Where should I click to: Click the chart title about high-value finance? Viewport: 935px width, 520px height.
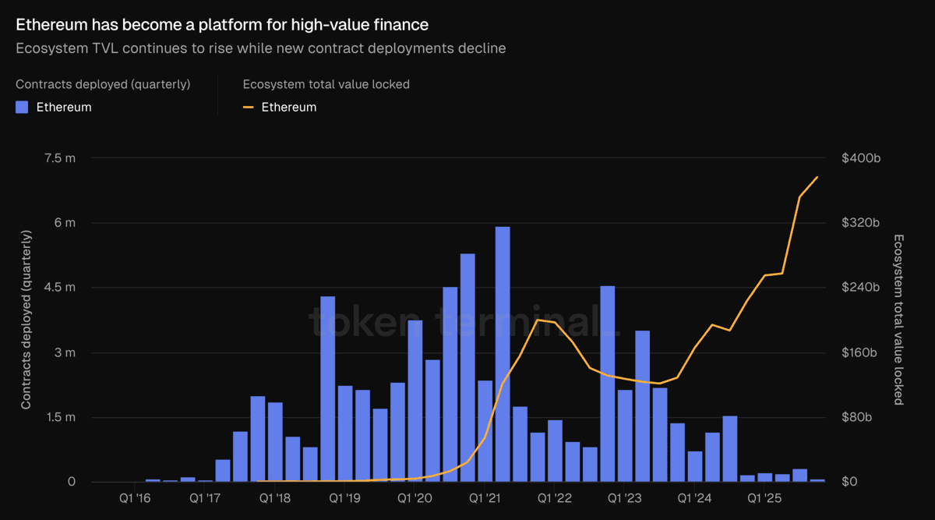coord(222,25)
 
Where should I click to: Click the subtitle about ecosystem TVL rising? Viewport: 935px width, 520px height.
coord(261,48)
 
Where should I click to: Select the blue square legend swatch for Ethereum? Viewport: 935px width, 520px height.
coord(23,108)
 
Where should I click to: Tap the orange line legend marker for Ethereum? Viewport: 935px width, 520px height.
coord(249,108)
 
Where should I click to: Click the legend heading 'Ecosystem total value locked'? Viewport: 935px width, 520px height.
coord(326,84)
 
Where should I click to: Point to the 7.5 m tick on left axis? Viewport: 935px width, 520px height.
coord(61,158)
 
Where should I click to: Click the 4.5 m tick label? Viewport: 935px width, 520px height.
coord(61,288)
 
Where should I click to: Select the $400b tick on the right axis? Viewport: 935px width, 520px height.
coord(861,158)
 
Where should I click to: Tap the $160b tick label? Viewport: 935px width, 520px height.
coord(861,352)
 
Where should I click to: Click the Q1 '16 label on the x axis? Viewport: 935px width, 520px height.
coord(136,497)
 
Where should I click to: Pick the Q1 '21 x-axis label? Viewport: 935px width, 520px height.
coord(485,497)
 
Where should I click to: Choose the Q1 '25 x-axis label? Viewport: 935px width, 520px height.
coord(764,497)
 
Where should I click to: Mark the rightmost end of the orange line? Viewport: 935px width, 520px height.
coord(817,177)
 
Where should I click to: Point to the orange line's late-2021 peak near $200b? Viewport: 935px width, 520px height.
coord(538,320)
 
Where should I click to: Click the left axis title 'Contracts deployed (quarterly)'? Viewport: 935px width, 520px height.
coord(26,320)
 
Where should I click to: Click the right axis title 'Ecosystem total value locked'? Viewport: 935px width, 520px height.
coord(898,320)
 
